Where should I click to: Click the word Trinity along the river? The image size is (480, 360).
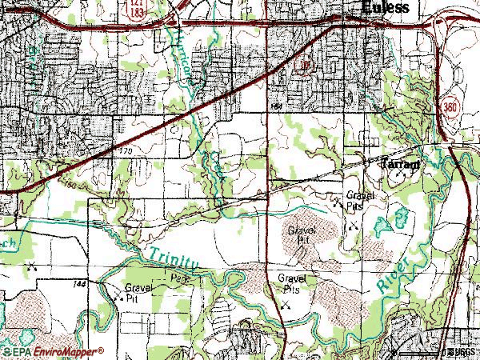[x=171, y=257]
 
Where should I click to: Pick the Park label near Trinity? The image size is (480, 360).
[x=178, y=278]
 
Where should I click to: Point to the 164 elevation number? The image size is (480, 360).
[x=277, y=106]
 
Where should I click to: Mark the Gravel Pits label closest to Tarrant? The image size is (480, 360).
[x=355, y=199]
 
